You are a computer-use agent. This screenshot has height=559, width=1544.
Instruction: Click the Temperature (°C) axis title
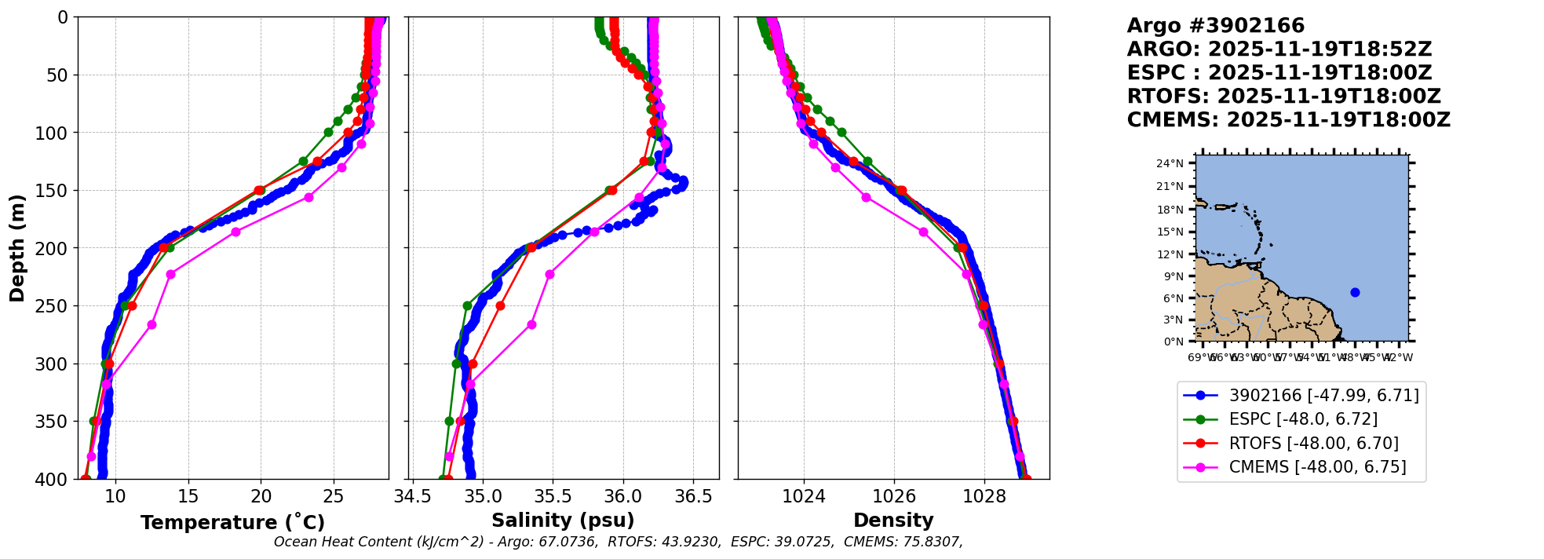232,523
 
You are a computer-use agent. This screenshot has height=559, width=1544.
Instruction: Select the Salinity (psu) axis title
563,521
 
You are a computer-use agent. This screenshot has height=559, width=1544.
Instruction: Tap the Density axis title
893,521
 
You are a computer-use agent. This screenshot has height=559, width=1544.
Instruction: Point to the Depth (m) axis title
17,248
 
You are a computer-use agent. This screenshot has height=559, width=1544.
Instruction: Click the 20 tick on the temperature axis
261,496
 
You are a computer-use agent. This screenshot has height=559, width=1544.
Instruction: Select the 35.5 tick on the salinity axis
553,496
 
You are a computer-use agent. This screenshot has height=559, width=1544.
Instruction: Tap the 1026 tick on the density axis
894,496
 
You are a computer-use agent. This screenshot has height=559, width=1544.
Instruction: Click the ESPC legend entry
1303,419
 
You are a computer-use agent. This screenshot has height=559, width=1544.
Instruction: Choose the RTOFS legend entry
1313,444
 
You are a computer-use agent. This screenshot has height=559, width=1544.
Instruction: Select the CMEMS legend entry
1317,467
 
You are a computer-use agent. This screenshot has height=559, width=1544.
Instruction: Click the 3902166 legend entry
1323,396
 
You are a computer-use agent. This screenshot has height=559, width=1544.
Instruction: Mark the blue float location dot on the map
1355,292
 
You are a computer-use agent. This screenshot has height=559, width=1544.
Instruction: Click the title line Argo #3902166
1215,26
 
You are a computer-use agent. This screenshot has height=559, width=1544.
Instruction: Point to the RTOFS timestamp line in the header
1283,97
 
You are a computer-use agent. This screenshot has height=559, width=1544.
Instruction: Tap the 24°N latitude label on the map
1170,163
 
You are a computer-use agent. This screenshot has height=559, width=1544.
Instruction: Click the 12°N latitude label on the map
1170,254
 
